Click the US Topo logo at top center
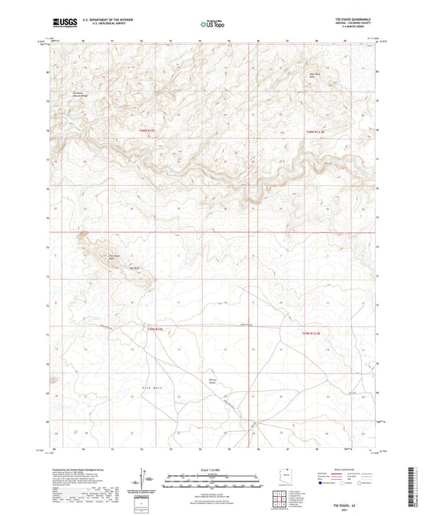click(212, 25)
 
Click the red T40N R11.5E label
click(318, 131)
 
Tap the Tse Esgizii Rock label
click(113, 257)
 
